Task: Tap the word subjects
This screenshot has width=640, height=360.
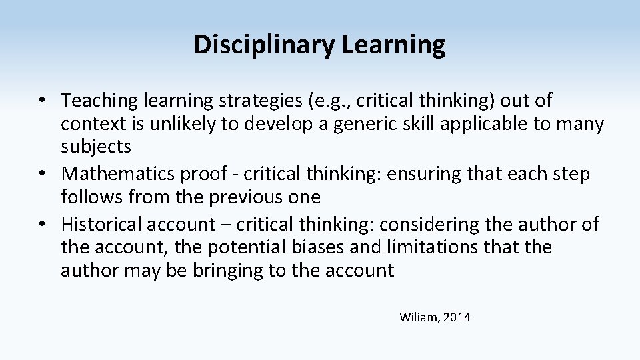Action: tap(96, 147)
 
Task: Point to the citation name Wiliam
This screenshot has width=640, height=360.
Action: tap(418, 317)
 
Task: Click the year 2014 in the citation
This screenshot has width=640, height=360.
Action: tap(456, 317)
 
